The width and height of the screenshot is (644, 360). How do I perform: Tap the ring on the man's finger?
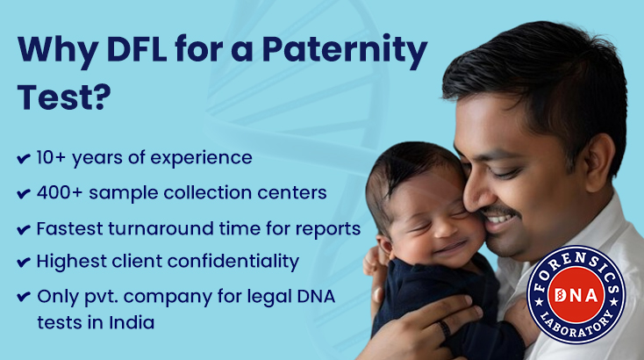(446, 329)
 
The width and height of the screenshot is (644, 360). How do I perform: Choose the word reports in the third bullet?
(329, 228)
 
